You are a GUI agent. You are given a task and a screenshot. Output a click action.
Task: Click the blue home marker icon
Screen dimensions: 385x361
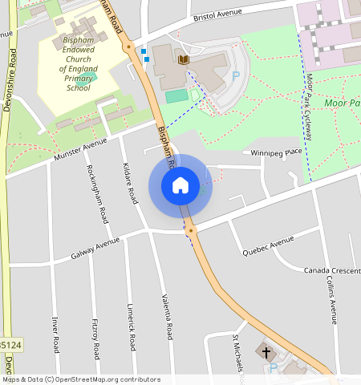pos(180,186)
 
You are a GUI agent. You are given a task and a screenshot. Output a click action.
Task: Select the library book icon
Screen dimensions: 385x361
pos(184,59)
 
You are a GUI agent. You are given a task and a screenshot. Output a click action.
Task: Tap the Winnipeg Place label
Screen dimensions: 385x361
pos(276,152)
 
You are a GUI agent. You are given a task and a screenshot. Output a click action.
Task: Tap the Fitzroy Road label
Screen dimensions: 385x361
pos(95,340)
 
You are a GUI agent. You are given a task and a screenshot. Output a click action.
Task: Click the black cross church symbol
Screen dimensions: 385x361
pos(266,352)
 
